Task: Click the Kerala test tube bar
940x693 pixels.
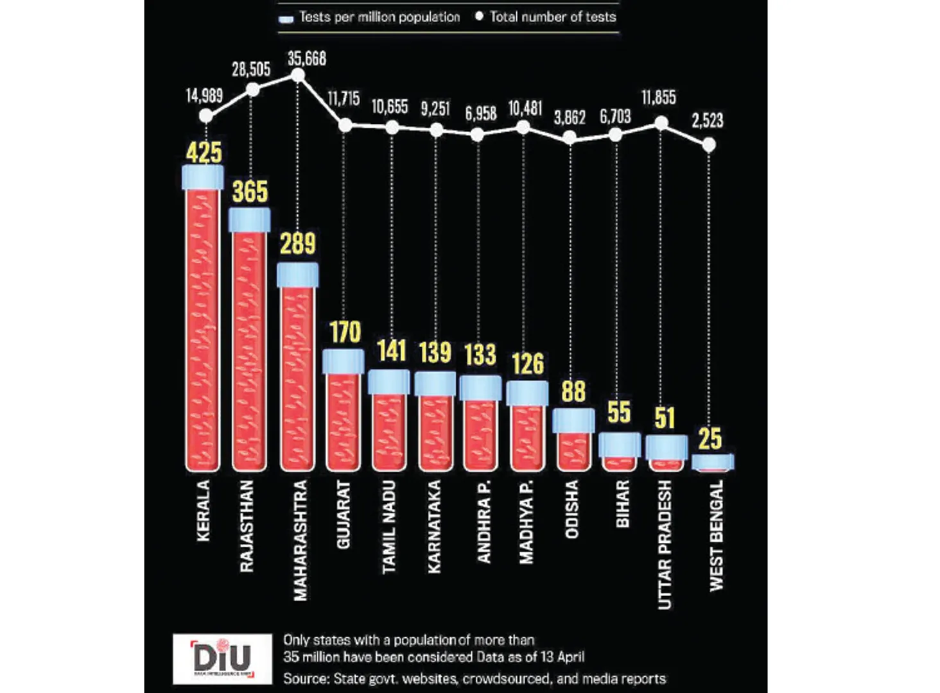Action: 202,327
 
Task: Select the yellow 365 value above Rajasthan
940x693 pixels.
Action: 250,192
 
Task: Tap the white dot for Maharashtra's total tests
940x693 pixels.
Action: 298,76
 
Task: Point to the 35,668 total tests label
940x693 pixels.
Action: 306,59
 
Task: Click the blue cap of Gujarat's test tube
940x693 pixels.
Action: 344,361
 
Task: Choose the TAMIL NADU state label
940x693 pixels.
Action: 389,527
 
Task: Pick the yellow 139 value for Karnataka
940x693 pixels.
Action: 435,352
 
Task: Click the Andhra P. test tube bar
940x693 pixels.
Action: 480,433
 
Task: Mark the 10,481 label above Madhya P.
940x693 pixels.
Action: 525,108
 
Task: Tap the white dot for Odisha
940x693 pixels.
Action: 570,138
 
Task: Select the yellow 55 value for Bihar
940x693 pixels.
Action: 619,413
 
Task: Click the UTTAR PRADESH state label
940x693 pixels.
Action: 665,544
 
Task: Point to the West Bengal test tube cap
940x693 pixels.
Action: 713,461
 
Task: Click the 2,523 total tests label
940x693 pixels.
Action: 708,121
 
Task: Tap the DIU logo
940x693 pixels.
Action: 222,658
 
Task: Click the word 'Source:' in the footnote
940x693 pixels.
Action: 306,679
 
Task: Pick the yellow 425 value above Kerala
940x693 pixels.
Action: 204,153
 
